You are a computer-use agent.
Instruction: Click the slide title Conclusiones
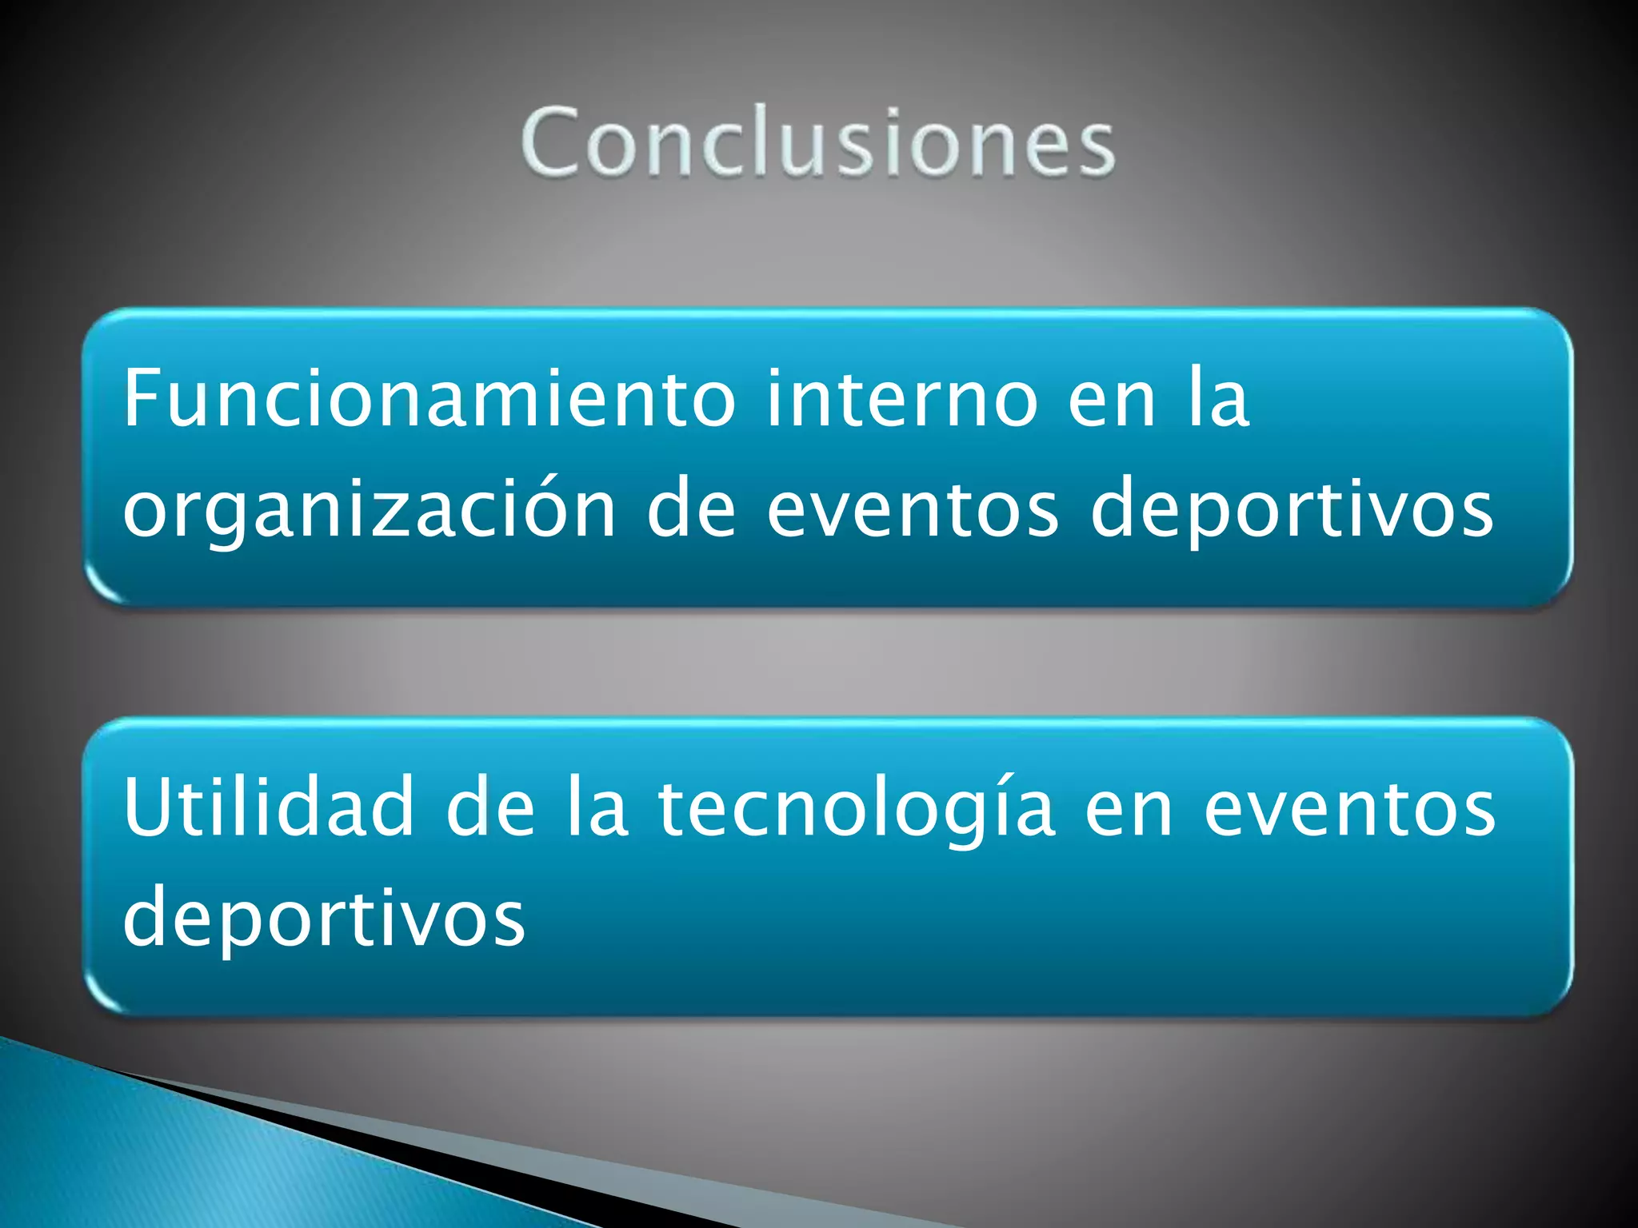[817, 142]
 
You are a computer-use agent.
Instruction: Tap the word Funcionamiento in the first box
[429, 398]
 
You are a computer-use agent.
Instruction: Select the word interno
[901, 398]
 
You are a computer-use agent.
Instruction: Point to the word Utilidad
[268, 807]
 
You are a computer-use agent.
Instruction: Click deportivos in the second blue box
[323, 918]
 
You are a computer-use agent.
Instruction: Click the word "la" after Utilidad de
[596, 807]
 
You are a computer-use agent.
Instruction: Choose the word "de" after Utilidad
[489, 807]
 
